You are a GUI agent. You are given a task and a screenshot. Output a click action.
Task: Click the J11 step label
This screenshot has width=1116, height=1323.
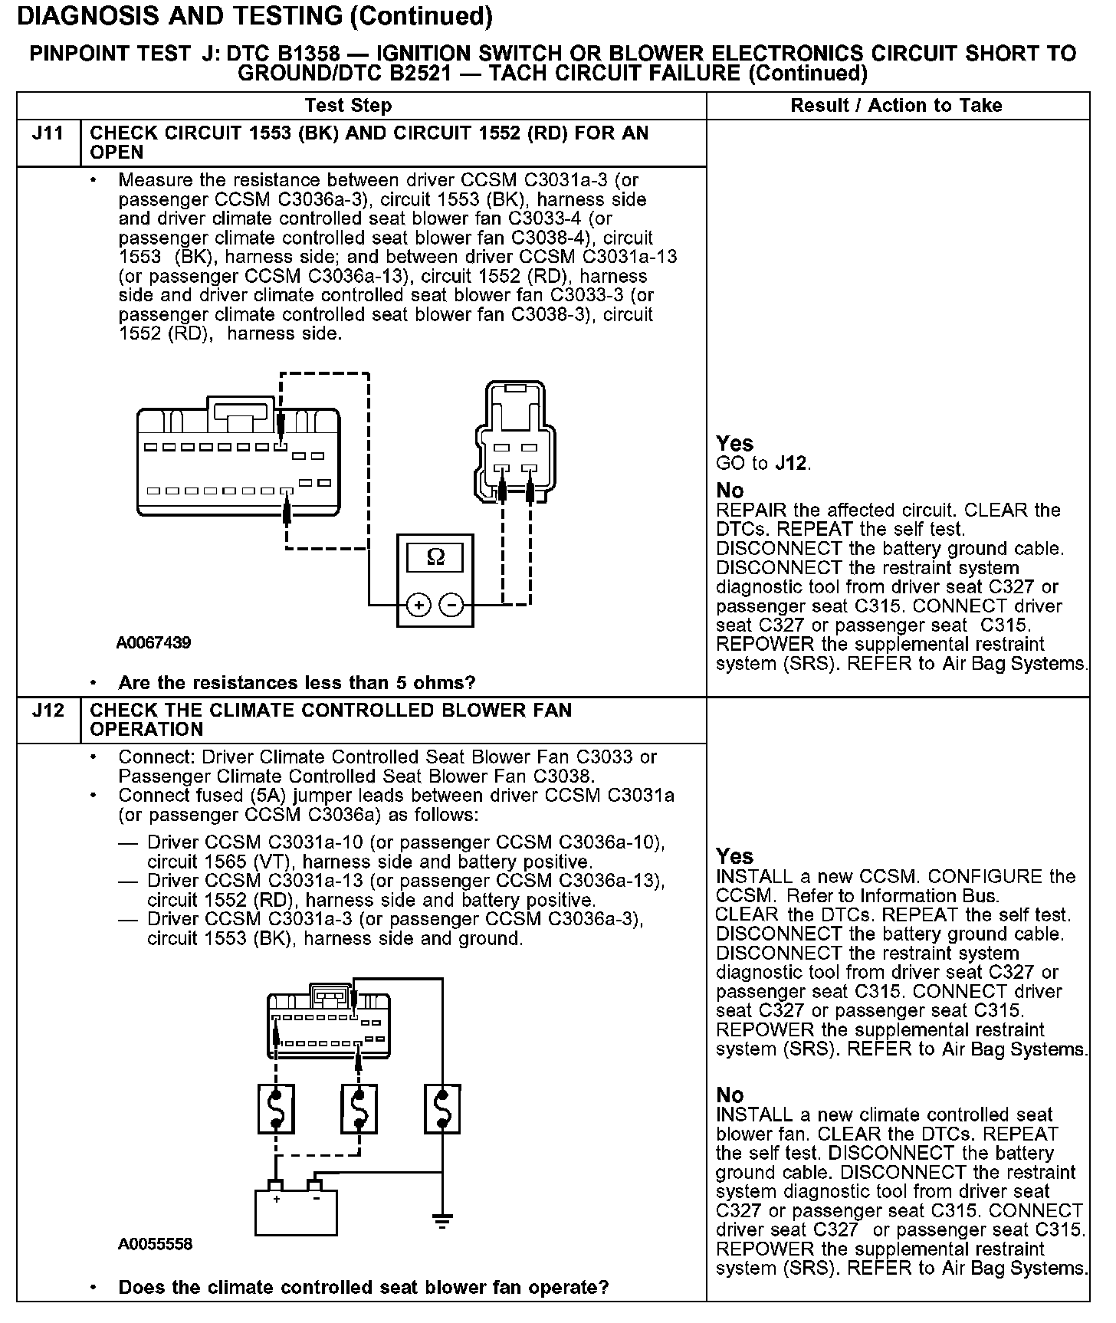[x=48, y=133]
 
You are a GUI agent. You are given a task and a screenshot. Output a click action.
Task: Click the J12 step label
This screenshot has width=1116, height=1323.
[x=48, y=711]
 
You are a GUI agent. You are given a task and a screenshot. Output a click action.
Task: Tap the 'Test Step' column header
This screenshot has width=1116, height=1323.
[x=348, y=106]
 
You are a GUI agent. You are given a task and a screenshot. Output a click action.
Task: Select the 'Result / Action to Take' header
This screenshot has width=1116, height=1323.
[x=896, y=106]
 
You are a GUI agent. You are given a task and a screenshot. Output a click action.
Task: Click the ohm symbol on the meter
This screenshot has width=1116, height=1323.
[x=435, y=557]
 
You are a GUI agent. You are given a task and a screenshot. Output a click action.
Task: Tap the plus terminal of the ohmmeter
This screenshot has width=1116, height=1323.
[x=418, y=605]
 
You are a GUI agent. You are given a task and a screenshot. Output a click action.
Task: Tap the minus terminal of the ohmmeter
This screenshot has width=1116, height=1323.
[x=451, y=605]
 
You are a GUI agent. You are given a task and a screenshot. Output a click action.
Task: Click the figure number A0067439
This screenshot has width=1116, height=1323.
[x=153, y=642]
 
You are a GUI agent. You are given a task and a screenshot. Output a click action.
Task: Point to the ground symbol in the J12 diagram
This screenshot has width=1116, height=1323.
[x=442, y=1221]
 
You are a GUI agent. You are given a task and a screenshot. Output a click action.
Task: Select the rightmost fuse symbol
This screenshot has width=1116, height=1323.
[x=442, y=1108]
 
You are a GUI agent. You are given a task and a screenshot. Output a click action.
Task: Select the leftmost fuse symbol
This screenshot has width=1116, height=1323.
[x=276, y=1108]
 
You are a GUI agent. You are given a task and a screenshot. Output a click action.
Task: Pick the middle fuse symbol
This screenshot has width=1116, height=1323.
[x=359, y=1108]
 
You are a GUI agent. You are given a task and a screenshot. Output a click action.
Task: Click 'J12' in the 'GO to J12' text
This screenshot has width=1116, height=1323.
[x=793, y=464]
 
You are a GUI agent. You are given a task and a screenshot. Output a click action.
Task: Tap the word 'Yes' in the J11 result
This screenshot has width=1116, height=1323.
[x=734, y=444]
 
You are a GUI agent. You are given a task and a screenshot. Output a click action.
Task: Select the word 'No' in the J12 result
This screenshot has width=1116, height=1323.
[x=730, y=1095]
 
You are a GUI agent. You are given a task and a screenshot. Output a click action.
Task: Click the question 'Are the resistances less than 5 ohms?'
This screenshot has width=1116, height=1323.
[x=297, y=682]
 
